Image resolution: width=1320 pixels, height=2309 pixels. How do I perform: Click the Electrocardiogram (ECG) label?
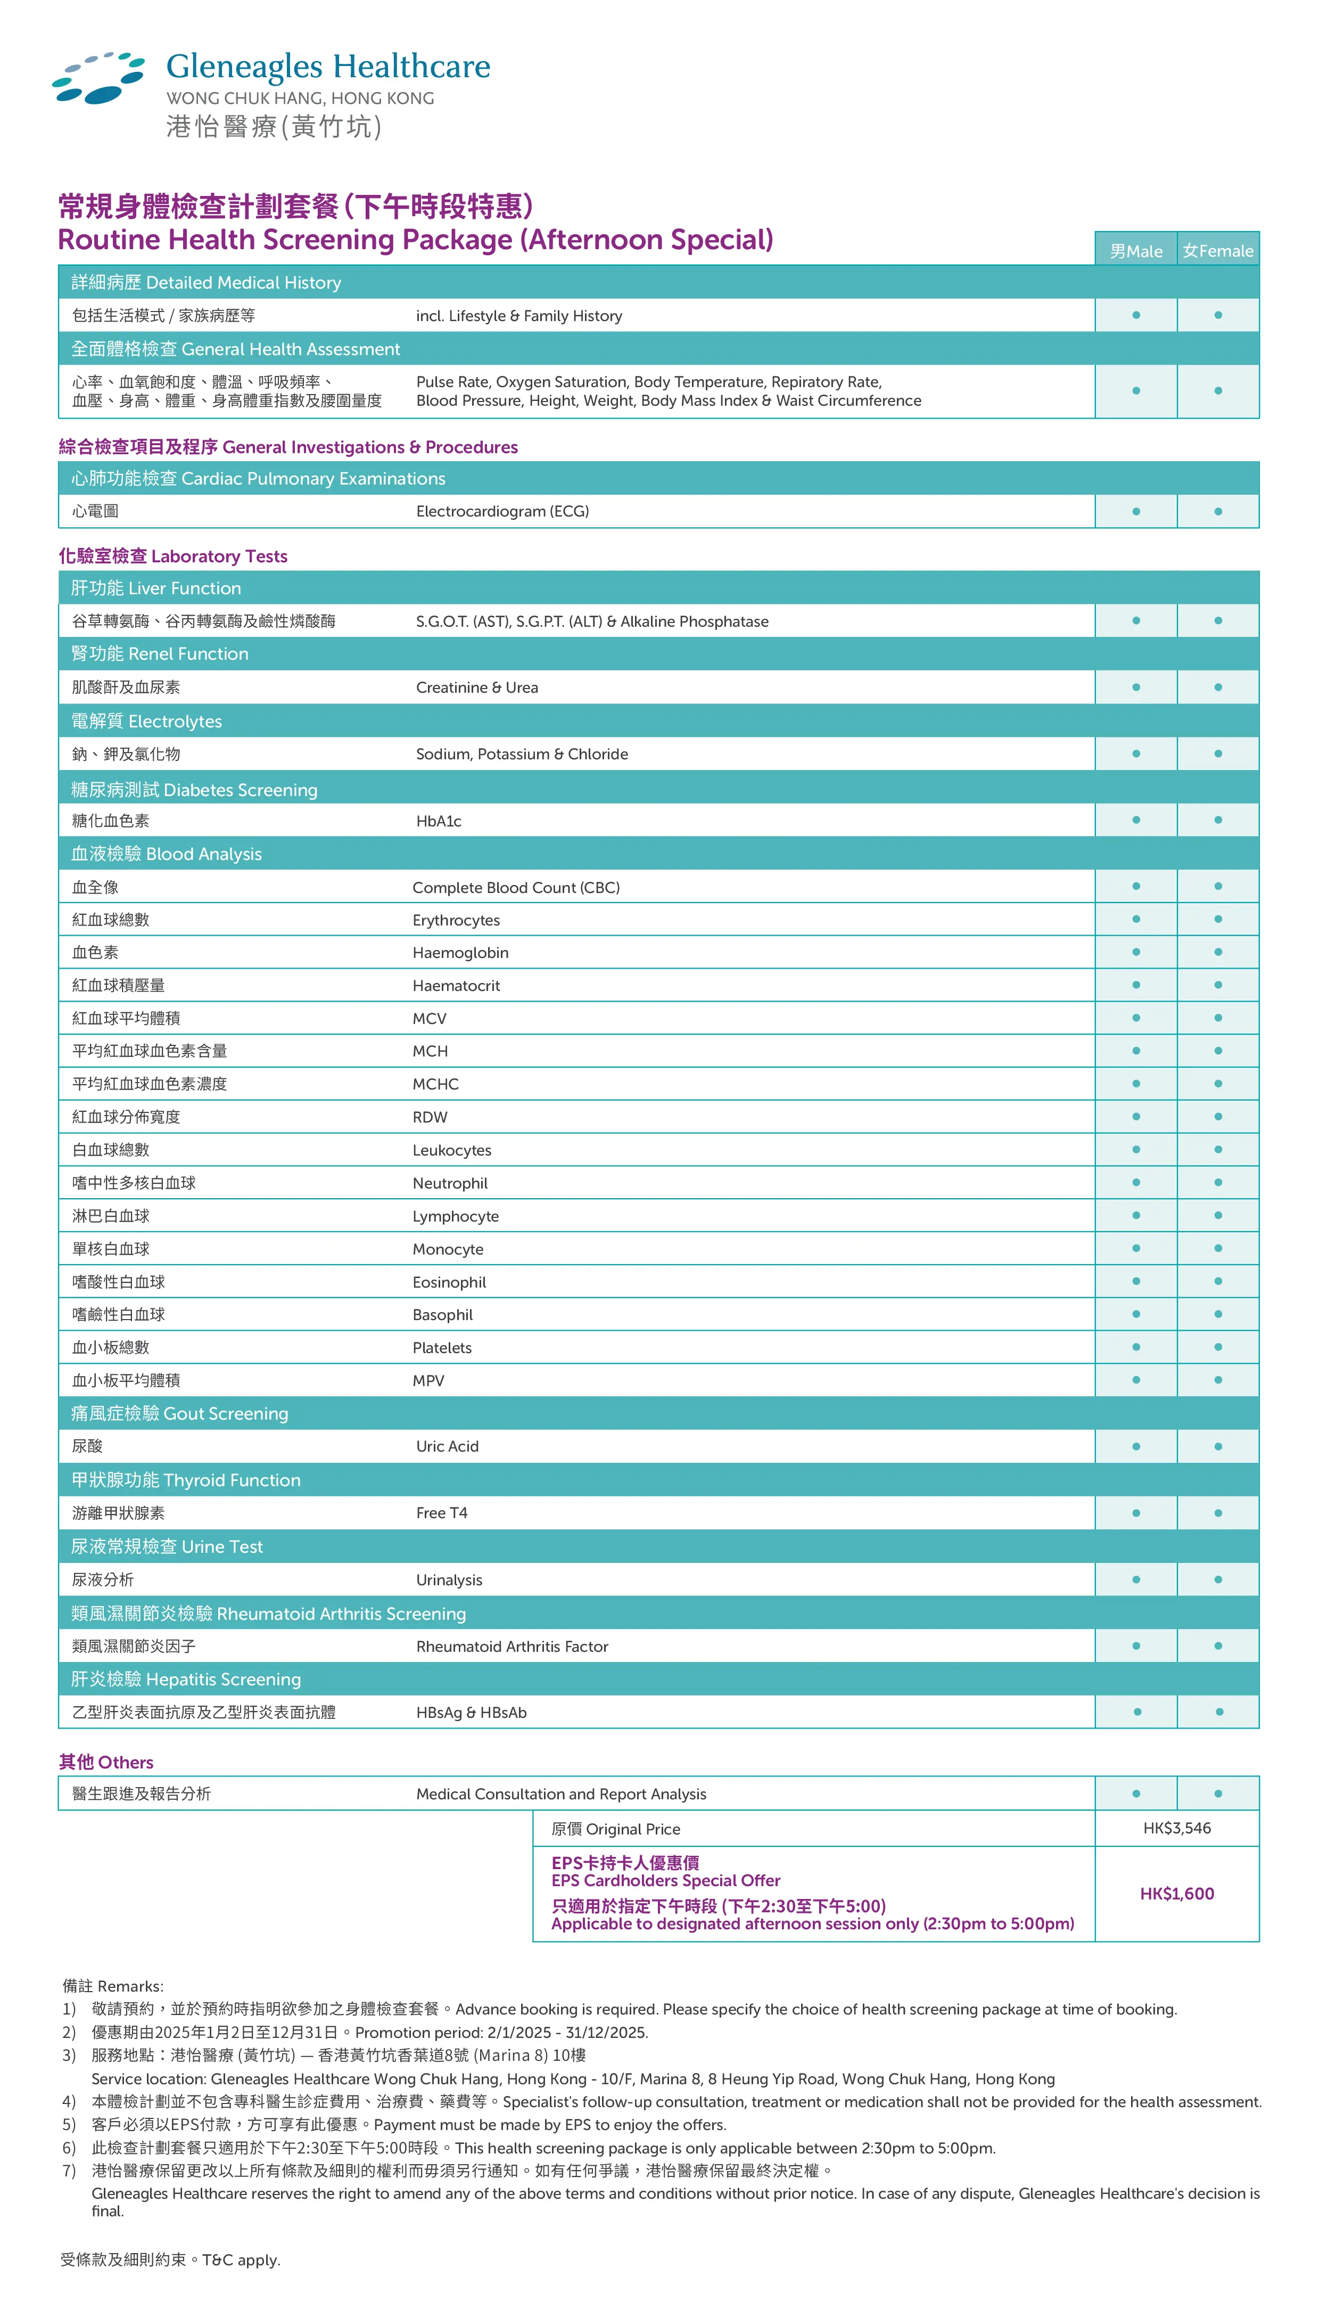tap(502, 512)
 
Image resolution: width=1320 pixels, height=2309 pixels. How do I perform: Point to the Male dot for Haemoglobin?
tap(1136, 952)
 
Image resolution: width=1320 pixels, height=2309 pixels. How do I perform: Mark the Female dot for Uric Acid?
tap(1218, 1446)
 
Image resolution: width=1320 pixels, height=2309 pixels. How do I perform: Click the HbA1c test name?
tap(439, 821)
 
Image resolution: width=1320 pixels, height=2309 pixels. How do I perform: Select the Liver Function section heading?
tap(156, 588)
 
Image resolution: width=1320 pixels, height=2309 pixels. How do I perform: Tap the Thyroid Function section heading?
tap(186, 1480)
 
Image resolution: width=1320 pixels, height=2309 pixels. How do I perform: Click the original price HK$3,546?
tap(1177, 1828)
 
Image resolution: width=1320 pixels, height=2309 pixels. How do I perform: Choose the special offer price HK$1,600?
tap(1177, 1894)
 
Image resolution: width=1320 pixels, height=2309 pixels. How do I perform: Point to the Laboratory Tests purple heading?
tap(173, 556)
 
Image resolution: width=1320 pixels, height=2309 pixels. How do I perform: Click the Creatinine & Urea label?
tap(477, 687)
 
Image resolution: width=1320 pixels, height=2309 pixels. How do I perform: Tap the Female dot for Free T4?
tap(1218, 1513)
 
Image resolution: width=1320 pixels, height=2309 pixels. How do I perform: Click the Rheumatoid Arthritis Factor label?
tap(512, 1646)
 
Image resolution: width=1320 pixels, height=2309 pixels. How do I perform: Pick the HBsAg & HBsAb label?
tap(472, 1712)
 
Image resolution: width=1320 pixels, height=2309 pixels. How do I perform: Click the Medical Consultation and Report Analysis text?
tap(561, 1794)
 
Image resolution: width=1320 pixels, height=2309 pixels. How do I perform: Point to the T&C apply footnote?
tap(170, 2260)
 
